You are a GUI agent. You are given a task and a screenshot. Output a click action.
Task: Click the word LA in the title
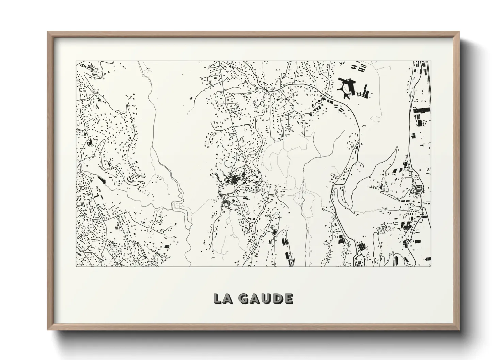222,298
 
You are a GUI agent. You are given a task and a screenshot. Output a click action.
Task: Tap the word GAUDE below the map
265,298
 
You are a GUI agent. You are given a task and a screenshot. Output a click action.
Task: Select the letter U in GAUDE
265,298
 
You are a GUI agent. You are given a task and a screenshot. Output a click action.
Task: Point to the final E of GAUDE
288,298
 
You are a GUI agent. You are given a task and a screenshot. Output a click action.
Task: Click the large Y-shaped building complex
346,87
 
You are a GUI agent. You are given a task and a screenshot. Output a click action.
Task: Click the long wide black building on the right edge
421,110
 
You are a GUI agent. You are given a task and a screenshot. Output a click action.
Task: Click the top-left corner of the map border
76,61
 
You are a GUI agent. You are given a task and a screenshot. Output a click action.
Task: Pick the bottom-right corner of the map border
430,266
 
